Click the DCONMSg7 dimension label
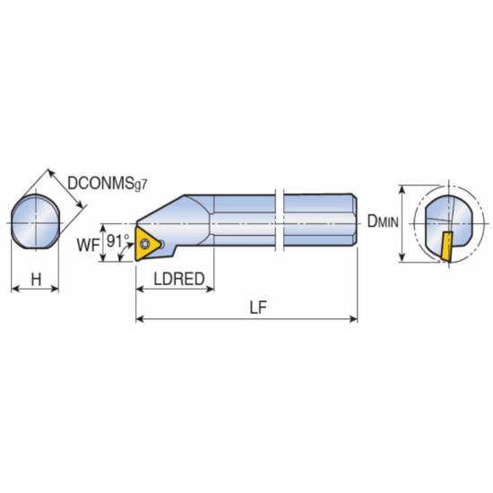point(108,183)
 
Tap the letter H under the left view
point(36,279)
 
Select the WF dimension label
point(88,246)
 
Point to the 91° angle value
point(118,241)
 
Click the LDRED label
point(179,279)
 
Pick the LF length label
point(258,307)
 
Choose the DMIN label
point(383,221)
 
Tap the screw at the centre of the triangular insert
point(145,243)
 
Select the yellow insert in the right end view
point(445,246)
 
